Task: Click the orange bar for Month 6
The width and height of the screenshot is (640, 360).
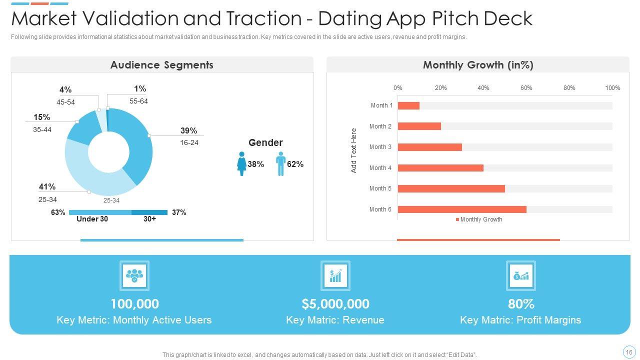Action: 462,209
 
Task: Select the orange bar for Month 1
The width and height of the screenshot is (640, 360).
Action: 408,105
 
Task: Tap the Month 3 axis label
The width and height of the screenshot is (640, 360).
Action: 380,147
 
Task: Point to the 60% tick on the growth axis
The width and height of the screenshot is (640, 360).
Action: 526,88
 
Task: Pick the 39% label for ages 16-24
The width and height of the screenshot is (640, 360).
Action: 188,131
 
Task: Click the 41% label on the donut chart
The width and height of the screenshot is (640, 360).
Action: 47,187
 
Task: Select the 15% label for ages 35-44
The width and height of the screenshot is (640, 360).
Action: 41,117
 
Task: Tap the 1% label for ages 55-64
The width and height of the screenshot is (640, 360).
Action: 140,89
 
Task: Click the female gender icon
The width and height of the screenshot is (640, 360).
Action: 242,164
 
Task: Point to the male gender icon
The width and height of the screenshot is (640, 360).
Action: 280,164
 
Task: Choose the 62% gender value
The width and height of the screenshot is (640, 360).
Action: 295,164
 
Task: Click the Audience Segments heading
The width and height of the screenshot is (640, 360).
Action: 161,65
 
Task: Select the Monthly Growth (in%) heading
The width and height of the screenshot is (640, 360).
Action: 478,65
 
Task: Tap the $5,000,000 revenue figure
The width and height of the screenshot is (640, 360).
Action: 335,304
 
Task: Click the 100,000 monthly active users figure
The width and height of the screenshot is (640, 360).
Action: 134,304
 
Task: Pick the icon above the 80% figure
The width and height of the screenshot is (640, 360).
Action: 521,275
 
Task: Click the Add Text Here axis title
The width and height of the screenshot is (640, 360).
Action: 354,150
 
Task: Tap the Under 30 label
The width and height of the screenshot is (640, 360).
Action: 92,219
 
